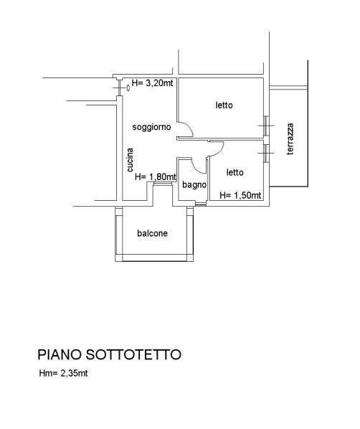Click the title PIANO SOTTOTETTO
pos(109,354)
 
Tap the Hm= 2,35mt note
pos(63,373)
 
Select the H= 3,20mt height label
pos(152,83)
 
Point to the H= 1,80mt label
pos(156,177)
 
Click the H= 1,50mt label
pos(240,195)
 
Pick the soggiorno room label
pos(151,127)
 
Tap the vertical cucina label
pos(131,160)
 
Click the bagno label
pos(194,185)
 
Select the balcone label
pos(152,233)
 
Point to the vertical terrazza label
pos(290,139)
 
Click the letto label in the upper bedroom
pos(224,105)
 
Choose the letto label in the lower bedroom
pos(235,172)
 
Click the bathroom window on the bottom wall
pos(201,204)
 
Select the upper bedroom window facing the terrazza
pos(267,126)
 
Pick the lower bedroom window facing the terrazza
pos(267,154)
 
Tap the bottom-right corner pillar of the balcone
pos(190,258)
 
